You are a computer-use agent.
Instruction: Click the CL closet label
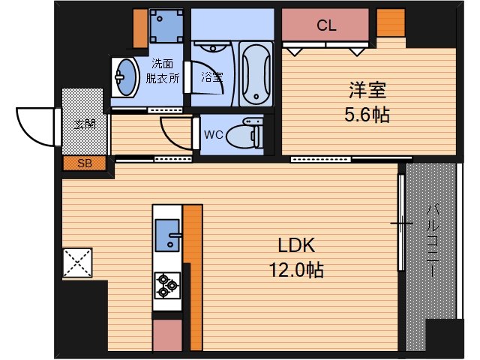[326, 25]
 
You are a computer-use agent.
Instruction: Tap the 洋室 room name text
[367, 90]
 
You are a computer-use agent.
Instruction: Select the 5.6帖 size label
[367, 115]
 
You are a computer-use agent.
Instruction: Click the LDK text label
[296, 245]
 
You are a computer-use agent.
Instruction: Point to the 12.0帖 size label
[296, 270]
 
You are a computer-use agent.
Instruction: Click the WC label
[213, 135]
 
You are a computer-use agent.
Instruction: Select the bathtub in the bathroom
[256, 74]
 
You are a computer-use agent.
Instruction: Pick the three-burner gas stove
[167, 285]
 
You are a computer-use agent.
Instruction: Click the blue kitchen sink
[167, 235]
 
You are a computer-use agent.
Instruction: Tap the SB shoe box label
[85, 163]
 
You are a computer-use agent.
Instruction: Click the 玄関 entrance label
[85, 124]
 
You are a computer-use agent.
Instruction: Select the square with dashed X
[77, 263]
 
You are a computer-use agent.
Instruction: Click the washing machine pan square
[166, 25]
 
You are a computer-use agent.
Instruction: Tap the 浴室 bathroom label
[211, 76]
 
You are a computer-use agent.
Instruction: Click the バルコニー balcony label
[432, 241]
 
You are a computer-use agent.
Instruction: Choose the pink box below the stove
[167, 335]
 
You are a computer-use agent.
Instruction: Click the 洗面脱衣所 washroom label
[162, 71]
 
